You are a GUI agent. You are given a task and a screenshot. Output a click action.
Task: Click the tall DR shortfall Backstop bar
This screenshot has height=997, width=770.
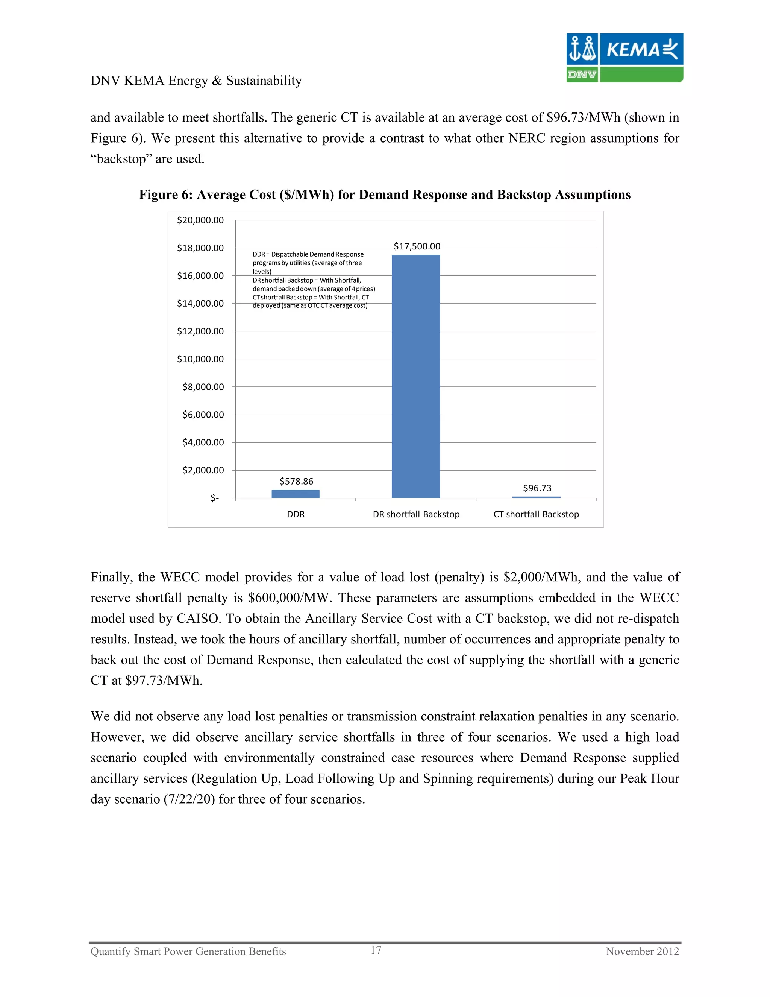pyautogui.click(x=415, y=376)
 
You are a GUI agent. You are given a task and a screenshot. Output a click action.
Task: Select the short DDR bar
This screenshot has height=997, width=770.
pyautogui.click(x=296, y=494)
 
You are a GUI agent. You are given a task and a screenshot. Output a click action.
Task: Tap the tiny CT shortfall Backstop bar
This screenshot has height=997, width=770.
pyautogui.click(x=536, y=497)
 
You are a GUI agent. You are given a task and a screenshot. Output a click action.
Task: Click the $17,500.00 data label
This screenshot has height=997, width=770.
pyautogui.click(x=417, y=246)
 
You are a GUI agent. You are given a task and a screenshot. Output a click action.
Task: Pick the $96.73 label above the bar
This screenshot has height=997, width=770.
pyautogui.click(x=537, y=488)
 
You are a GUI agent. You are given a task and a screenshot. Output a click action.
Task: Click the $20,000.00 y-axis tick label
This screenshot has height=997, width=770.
pyautogui.click(x=200, y=220)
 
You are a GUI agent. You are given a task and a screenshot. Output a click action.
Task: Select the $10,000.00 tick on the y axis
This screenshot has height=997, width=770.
pyautogui.click(x=200, y=359)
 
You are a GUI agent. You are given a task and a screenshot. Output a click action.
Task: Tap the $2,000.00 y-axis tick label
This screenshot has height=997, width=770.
pyautogui.click(x=203, y=470)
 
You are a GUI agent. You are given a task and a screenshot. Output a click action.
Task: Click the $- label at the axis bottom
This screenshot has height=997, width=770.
pyautogui.click(x=214, y=498)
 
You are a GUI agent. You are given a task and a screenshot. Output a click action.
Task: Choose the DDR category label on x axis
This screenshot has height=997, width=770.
pyautogui.click(x=296, y=514)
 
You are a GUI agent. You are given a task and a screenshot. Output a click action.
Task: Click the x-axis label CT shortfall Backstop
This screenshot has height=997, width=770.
pyautogui.click(x=536, y=514)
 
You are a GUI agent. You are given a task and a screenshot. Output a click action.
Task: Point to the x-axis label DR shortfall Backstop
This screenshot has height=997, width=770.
pyautogui.click(x=416, y=514)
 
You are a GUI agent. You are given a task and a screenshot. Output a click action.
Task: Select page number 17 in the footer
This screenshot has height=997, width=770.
pyautogui.click(x=376, y=950)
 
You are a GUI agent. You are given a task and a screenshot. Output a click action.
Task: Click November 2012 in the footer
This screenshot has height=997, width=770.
pyautogui.click(x=642, y=951)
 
